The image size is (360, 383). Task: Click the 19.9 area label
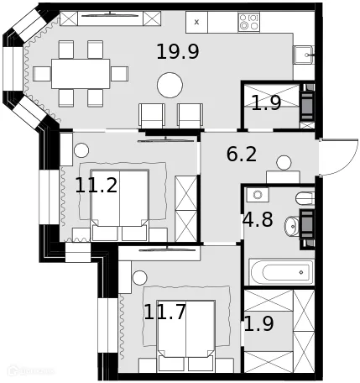(177, 52)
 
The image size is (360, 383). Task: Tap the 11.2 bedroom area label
(96, 186)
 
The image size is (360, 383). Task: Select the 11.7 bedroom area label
(164, 313)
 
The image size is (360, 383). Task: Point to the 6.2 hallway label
(242, 155)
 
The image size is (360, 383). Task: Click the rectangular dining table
(81, 72)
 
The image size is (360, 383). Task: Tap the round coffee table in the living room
(171, 85)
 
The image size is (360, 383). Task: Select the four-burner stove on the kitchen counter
(248, 22)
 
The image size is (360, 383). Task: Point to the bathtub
(281, 271)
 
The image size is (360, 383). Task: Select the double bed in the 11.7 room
(185, 334)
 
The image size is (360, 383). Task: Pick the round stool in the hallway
(284, 162)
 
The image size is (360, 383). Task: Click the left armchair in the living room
(152, 115)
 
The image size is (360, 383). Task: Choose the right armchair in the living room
(190, 115)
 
